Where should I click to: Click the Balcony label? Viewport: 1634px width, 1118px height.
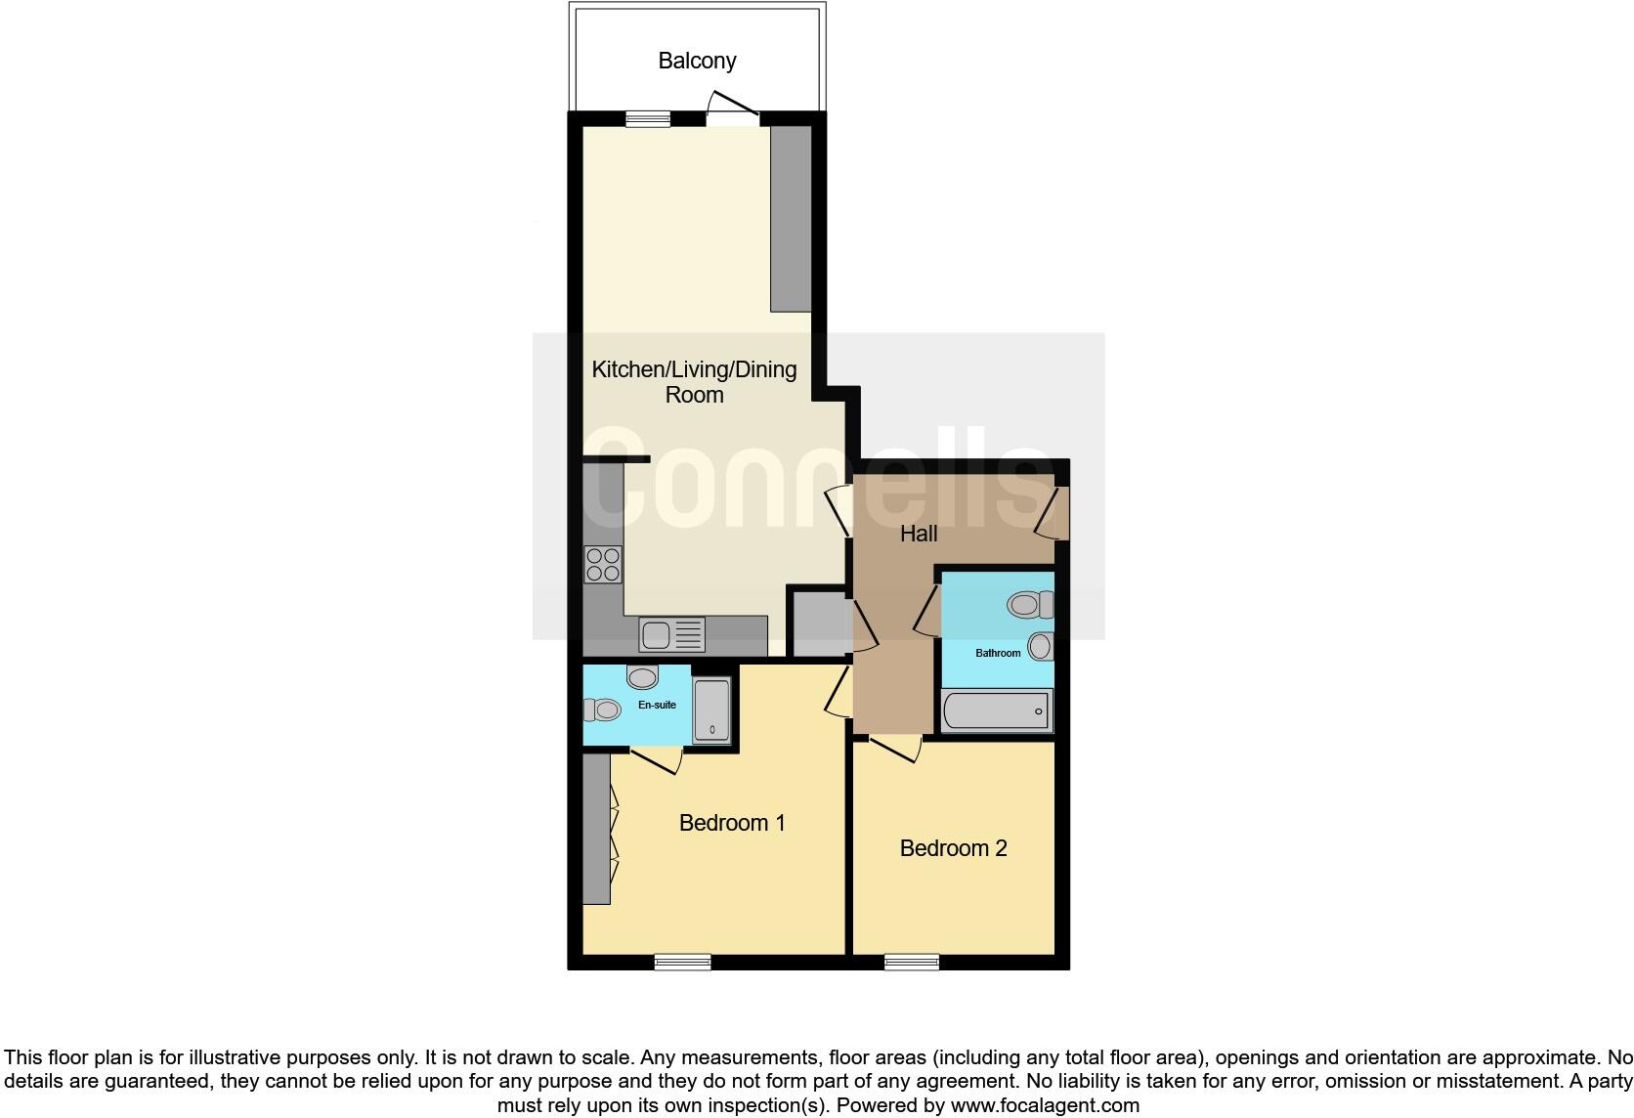pos(697,61)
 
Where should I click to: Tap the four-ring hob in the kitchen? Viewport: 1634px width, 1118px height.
pos(603,565)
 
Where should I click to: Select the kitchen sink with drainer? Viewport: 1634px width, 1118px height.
pos(671,635)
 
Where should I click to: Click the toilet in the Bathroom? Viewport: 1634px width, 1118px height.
pos(1029,605)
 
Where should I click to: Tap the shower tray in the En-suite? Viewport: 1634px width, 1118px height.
pos(711,710)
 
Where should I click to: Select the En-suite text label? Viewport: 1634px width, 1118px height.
pos(657,705)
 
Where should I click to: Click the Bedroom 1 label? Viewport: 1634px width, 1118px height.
pos(732,823)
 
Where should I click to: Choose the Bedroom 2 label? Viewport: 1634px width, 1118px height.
pos(953,848)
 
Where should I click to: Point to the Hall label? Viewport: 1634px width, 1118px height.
pos(919,534)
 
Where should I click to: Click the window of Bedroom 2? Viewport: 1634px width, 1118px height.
pos(911,962)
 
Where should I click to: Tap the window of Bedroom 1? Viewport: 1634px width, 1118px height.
pos(682,962)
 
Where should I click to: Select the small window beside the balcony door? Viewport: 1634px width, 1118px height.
pos(648,118)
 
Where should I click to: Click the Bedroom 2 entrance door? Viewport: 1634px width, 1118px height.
pos(894,750)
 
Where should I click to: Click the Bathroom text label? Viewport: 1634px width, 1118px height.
pos(998,653)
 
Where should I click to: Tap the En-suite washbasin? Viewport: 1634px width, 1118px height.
pos(642,677)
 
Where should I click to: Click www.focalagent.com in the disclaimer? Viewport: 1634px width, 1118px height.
pos(1044,1105)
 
